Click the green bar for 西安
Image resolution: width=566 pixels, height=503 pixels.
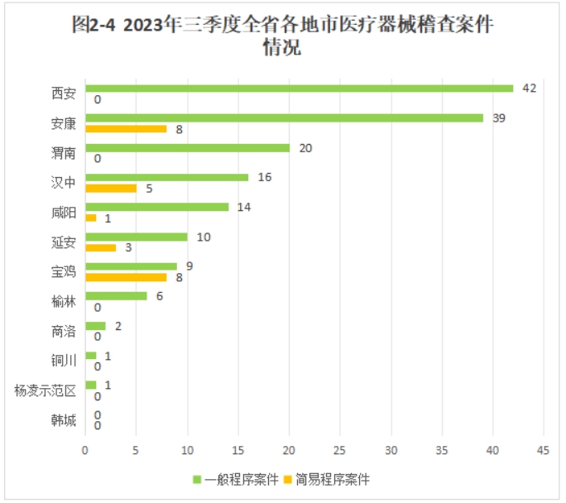click(299, 89)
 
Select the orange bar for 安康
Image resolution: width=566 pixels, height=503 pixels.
click(126, 128)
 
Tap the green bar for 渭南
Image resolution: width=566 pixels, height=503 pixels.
click(187, 148)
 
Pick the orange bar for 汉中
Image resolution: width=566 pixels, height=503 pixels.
click(111, 188)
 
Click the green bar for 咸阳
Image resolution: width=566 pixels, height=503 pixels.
click(156, 207)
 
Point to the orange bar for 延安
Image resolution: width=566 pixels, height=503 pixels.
click(100, 247)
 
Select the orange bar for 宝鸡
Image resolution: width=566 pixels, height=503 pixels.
click(126, 277)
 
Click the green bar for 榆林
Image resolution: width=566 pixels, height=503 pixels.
click(116, 296)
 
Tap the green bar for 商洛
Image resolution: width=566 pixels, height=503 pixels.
click(95, 326)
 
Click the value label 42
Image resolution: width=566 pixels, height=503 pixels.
click(530, 88)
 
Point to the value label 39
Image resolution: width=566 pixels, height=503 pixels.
click(498, 117)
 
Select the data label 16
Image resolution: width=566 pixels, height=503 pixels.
click(265, 177)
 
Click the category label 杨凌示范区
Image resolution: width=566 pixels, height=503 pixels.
click(46, 390)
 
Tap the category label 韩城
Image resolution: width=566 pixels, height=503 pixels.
click(63, 420)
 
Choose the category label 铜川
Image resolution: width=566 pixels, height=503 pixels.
click(63, 361)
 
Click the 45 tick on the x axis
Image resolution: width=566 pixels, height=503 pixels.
click(544, 450)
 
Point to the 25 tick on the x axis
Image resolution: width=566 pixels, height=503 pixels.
click(340, 450)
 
